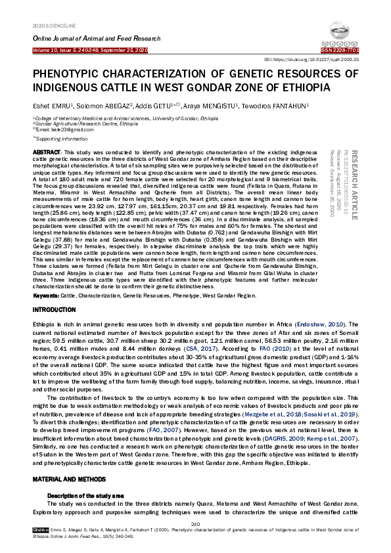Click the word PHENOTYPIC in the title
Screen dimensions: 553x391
pos(71,74)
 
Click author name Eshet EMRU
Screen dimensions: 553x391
pos(50,106)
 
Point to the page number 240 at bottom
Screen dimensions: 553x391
pos(195,523)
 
